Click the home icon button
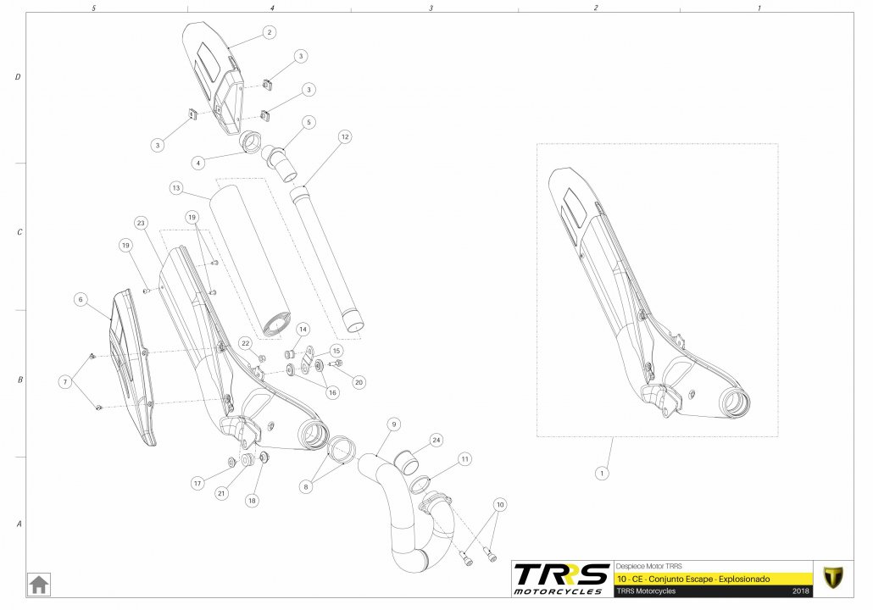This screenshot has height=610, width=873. click(x=39, y=585)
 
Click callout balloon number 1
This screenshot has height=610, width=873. click(x=601, y=474)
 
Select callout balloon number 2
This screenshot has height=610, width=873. click(x=270, y=32)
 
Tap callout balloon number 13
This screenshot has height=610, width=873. click(x=176, y=188)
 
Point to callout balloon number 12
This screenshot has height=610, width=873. click(x=345, y=137)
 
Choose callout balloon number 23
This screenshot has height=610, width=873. click(x=141, y=223)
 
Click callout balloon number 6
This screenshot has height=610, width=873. click(x=81, y=299)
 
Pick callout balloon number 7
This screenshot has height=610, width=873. click(x=66, y=382)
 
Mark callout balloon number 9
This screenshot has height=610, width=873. click(x=393, y=424)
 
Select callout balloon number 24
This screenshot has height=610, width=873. click(x=436, y=441)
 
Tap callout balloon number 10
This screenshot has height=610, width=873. click(x=500, y=505)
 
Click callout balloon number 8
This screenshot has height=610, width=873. click(x=306, y=487)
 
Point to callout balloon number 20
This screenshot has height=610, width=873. click(x=359, y=382)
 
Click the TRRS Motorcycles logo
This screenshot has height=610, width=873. click(x=562, y=579)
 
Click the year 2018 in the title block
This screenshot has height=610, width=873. click(x=801, y=591)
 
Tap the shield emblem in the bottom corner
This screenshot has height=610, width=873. click(x=833, y=578)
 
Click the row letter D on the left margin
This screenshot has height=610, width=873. click(x=18, y=77)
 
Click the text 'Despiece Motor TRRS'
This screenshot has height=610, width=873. click(x=648, y=566)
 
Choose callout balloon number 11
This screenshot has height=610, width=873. click(x=465, y=459)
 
